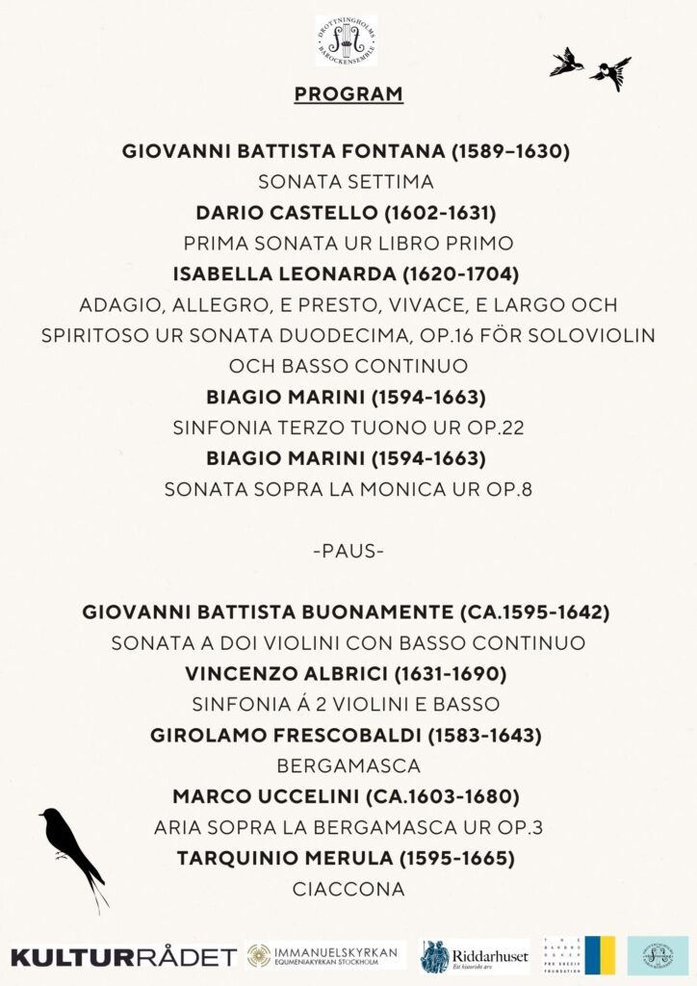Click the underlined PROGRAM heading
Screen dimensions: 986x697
pyautogui.click(x=348, y=94)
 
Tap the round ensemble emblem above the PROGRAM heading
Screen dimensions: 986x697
pyautogui.click(x=347, y=39)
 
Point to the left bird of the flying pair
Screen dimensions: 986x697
pyautogui.click(x=566, y=63)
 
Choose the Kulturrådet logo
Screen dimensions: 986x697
pyautogui.click(x=123, y=956)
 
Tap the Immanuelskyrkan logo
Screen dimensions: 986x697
pyautogui.click(x=322, y=955)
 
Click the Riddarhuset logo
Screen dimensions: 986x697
pyautogui.click(x=475, y=956)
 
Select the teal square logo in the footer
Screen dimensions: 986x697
pyautogui.click(x=658, y=955)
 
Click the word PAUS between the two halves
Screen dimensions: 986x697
pyautogui.click(x=348, y=552)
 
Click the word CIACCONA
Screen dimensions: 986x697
pyautogui.click(x=348, y=889)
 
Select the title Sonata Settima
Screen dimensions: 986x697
pyautogui.click(x=348, y=182)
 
